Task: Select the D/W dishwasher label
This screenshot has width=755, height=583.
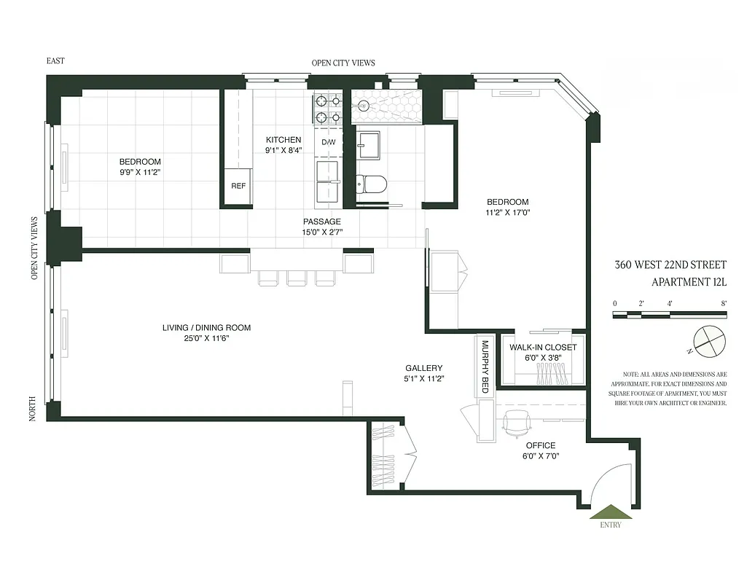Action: click(x=329, y=142)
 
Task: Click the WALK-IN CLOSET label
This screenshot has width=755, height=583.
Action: click(x=542, y=348)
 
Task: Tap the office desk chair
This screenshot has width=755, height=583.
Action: click(x=516, y=421)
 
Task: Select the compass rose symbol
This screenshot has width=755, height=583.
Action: click(x=706, y=340)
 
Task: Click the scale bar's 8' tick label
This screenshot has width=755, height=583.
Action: click(x=724, y=302)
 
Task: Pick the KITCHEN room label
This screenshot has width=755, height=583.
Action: click(x=283, y=140)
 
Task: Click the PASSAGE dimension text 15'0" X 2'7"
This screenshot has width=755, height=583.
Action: click(x=322, y=232)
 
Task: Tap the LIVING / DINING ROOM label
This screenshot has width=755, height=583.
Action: click(x=206, y=328)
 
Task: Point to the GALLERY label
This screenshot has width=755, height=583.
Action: click(x=424, y=368)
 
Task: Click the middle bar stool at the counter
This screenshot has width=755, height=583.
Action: click(x=296, y=278)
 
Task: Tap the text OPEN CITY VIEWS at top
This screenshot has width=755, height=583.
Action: click(x=343, y=63)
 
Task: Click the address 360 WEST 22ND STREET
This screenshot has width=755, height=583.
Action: click(x=670, y=265)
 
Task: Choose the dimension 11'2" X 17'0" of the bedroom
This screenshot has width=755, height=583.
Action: click(x=508, y=213)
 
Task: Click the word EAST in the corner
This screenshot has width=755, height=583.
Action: click(x=55, y=61)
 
